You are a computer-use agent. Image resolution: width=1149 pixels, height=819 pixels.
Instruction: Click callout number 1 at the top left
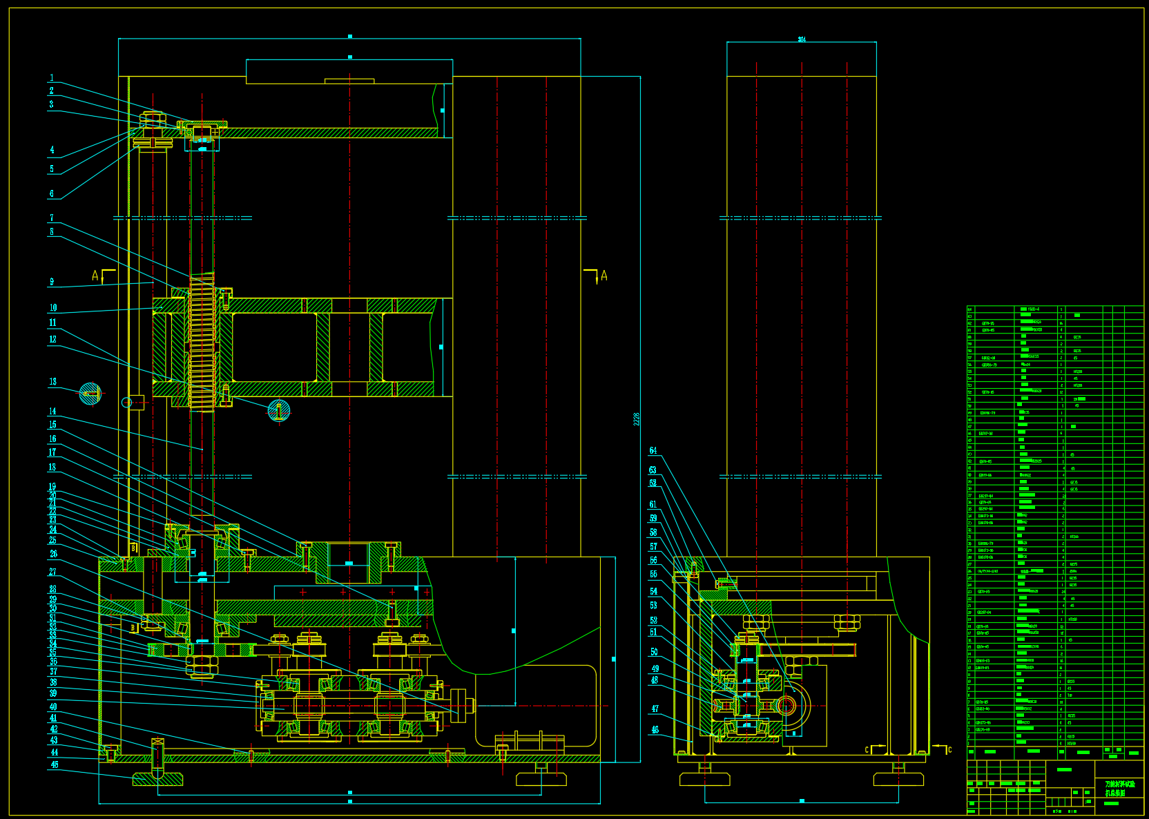52,78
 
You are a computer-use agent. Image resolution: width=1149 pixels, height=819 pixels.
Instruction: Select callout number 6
52,194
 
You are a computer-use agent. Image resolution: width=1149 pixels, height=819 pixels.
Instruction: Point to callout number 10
53,308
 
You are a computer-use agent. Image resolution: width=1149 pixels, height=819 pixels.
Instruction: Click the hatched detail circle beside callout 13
90,394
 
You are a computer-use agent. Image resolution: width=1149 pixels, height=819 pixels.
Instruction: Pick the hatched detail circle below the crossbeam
278,410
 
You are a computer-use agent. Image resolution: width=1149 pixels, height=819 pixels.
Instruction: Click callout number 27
52,572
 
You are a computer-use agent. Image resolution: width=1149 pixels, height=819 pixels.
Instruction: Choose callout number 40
53,707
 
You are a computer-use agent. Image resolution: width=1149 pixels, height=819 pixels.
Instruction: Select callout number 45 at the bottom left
55,764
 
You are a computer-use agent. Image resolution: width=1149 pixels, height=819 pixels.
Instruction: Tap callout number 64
653,451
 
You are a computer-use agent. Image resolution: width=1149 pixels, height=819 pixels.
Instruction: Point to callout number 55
654,575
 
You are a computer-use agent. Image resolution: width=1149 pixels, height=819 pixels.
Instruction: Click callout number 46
655,729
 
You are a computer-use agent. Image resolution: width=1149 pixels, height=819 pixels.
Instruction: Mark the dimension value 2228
637,419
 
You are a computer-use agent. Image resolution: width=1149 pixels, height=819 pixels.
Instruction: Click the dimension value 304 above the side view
802,39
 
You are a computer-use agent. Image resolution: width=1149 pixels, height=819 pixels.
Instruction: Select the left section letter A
95,276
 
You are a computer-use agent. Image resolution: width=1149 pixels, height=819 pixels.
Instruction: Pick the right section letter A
604,276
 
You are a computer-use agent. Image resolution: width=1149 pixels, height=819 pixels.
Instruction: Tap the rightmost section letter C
949,750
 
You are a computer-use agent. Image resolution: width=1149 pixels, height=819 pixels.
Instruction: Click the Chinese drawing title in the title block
1119,789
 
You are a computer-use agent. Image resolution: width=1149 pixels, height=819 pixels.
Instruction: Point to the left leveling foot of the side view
704,779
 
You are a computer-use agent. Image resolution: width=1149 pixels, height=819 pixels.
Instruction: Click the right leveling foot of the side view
898,779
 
